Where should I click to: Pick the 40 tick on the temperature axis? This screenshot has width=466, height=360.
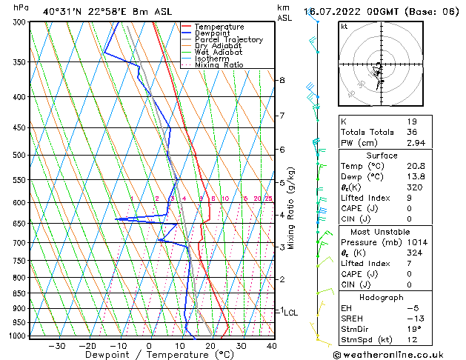point(271,346)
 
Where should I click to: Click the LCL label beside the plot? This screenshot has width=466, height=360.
point(291,313)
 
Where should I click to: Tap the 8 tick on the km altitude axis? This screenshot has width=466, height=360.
point(282,79)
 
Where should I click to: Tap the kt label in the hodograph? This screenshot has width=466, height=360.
point(344,26)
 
